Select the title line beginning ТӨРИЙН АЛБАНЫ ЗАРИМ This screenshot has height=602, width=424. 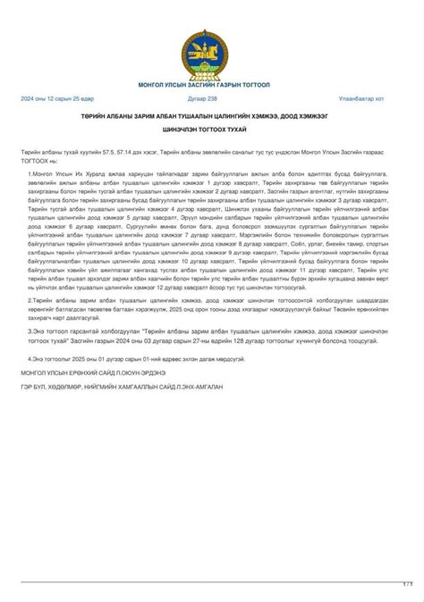point(211,115)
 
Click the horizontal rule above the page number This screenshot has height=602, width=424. point(211,580)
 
